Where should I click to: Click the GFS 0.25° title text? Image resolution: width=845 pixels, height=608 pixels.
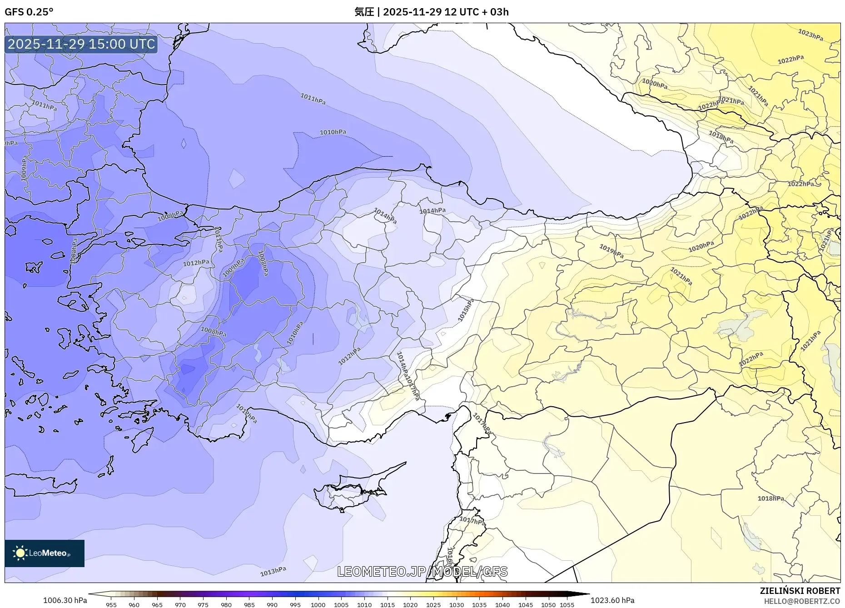click(29, 12)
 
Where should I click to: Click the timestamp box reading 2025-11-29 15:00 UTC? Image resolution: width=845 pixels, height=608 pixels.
click(81, 44)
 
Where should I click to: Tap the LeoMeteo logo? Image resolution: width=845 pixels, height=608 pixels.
click(44, 553)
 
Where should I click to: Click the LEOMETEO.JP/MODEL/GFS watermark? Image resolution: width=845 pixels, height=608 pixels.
click(422, 572)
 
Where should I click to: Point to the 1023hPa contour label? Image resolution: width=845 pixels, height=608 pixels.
click(810, 35)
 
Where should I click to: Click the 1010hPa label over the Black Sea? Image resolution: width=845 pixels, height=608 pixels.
click(333, 132)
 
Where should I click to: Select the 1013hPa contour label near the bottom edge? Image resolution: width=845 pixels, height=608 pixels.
click(273, 571)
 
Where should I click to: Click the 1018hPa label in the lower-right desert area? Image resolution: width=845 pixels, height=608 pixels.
click(770, 498)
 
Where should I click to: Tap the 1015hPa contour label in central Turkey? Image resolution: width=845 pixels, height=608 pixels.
click(466, 310)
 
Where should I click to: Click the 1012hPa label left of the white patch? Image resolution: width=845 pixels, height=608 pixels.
click(196, 263)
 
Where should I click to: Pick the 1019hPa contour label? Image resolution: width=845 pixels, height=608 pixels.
click(611, 251)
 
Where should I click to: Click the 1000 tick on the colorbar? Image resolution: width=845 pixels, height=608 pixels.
click(318, 605)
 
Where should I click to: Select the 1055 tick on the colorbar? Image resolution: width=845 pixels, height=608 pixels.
click(567, 605)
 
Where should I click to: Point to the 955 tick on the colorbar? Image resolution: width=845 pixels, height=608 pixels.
click(111, 605)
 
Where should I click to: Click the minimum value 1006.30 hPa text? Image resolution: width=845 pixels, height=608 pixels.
click(65, 600)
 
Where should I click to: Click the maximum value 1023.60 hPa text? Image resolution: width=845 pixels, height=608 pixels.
click(612, 600)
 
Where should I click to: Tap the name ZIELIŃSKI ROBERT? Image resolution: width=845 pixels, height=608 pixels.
click(800, 591)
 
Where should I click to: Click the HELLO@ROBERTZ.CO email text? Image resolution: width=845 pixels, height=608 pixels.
click(801, 601)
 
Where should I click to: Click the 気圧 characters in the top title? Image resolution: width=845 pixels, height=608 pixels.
click(364, 12)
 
